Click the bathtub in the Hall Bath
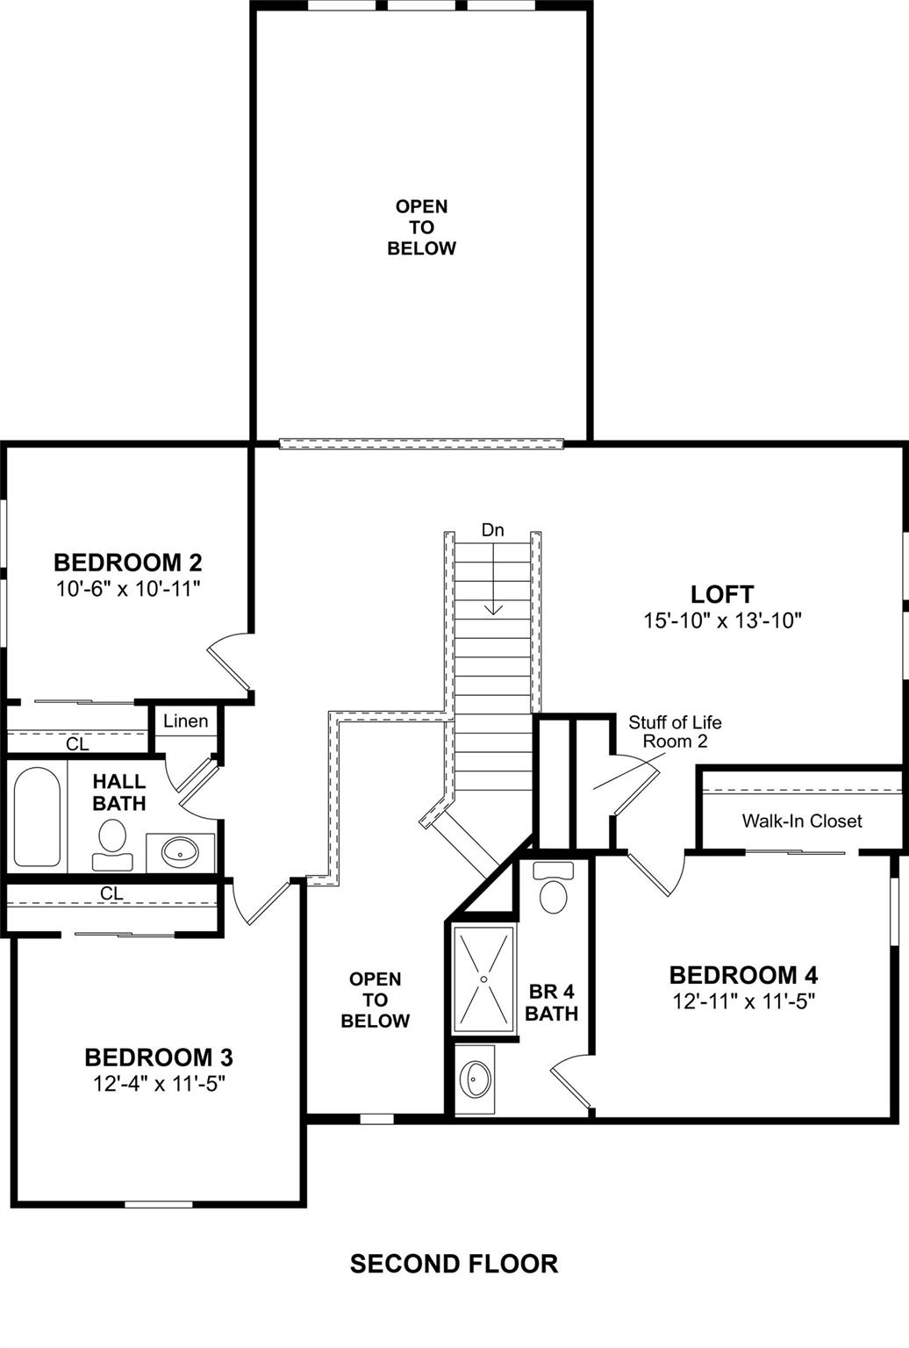click(37, 816)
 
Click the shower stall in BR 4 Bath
click(483, 979)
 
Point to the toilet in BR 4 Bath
click(554, 890)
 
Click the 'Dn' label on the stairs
click(493, 530)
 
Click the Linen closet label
click(186, 721)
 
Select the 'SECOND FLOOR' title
click(454, 1264)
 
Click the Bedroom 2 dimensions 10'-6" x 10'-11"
click(129, 588)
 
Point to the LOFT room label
click(722, 594)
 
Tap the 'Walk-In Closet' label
click(802, 821)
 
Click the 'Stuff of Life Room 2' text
click(675, 731)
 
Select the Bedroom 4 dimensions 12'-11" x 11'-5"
click(744, 1001)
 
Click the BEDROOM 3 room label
click(159, 1058)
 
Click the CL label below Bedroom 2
click(77, 744)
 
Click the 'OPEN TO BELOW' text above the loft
click(422, 227)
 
